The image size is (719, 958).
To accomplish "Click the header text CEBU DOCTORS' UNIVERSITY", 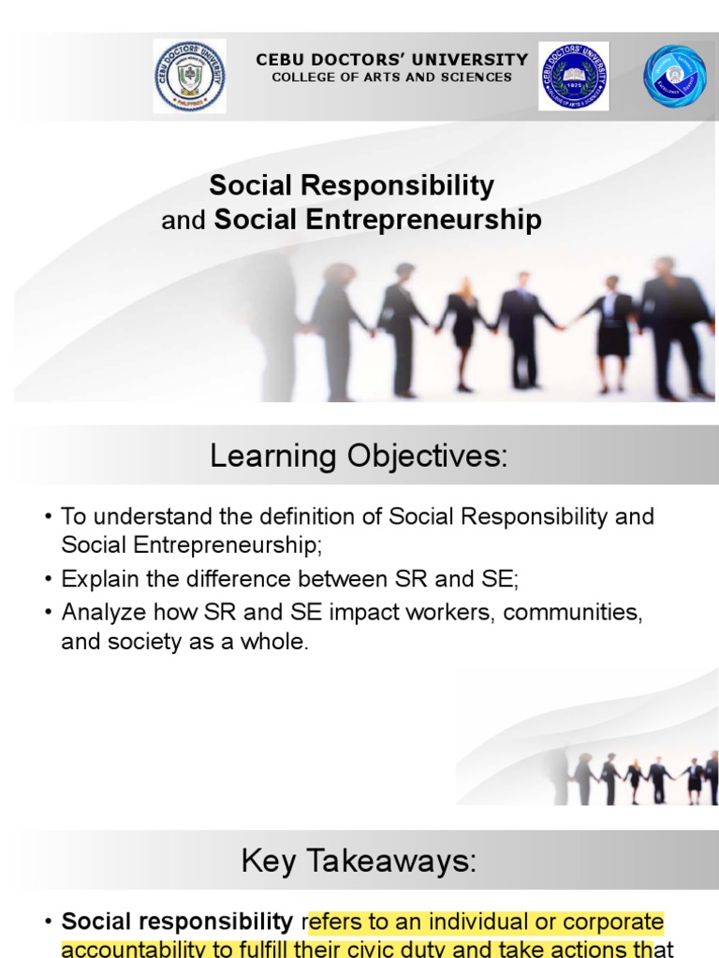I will (392, 60).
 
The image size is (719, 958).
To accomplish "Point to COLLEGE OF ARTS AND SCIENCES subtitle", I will (392, 78).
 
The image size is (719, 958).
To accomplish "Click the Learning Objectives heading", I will (359, 457).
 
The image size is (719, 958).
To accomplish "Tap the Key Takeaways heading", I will (359, 863).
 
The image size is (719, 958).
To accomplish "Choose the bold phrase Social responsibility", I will (177, 922).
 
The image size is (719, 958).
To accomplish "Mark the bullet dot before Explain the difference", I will (49, 580).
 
